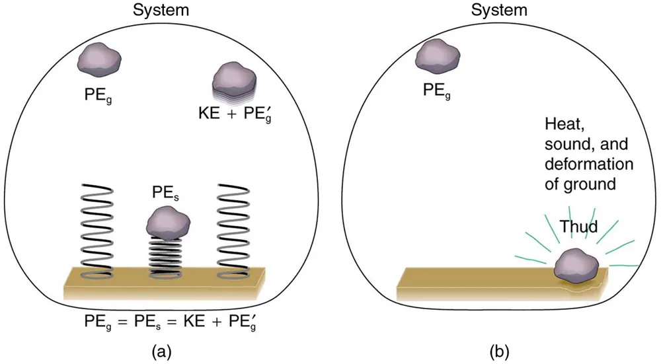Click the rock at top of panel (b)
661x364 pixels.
437,55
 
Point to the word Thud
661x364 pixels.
579,228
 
